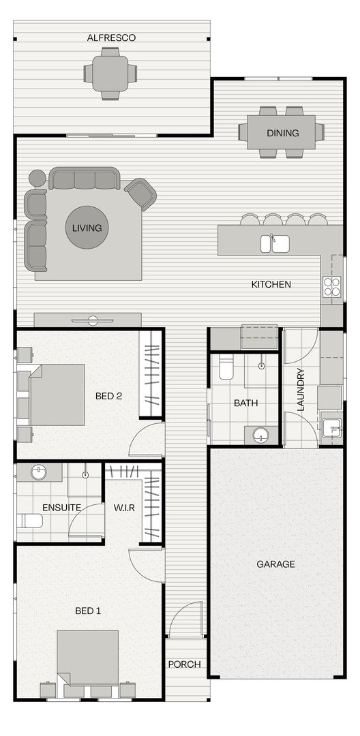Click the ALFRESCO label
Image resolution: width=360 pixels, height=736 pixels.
tap(111, 38)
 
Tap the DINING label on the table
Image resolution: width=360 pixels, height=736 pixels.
tap(282, 133)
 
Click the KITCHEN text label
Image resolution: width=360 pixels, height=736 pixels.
tap(271, 284)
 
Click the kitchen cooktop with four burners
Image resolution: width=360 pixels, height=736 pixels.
tap(332, 287)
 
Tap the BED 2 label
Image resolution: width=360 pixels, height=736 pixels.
tap(108, 396)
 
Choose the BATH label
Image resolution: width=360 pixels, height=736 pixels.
tap(245, 403)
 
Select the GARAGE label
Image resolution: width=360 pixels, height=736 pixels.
tap(275, 564)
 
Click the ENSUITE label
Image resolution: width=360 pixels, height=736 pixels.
tap(61, 507)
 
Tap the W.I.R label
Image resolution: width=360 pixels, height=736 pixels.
tap(124, 507)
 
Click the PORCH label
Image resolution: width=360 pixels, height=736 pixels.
tap(185, 664)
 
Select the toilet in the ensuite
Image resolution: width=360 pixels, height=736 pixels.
tap(30, 521)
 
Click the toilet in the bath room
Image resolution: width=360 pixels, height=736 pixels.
tap(226, 369)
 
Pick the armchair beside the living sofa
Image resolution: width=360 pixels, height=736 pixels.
tap(141, 194)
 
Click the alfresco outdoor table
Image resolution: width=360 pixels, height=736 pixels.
tap(110, 71)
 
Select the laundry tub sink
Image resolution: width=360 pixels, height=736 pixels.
tap(332, 426)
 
